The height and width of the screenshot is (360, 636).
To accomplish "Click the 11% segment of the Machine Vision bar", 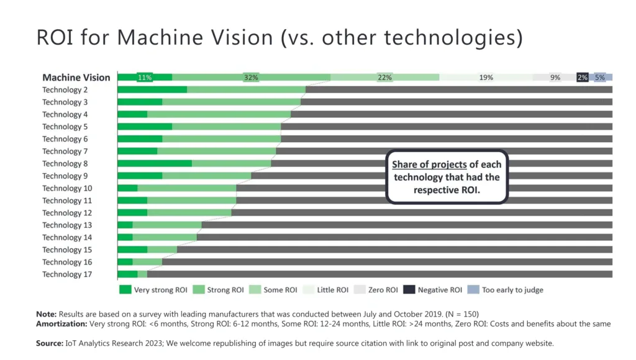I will pyautogui.click(x=145, y=78).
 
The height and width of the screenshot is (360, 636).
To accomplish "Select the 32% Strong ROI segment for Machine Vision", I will pyautogui.click(x=251, y=78).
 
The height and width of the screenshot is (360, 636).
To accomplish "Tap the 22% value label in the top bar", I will pyautogui.click(x=384, y=78).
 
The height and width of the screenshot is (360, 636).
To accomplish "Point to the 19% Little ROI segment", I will pyautogui.click(x=486, y=78).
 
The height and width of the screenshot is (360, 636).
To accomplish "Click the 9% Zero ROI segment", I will pyautogui.click(x=555, y=78).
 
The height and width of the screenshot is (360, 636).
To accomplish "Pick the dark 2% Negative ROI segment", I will pyautogui.click(x=582, y=78).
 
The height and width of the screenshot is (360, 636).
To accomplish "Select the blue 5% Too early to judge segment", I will pyautogui.click(x=600, y=78).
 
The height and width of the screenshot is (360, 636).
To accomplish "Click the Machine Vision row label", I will pyautogui.click(x=76, y=78).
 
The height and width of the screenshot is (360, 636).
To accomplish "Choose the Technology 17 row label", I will pyautogui.click(x=62, y=274).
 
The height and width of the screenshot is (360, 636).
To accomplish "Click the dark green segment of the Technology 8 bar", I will pyautogui.click(x=155, y=164).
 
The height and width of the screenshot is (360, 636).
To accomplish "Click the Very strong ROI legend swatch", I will pyautogui.click(x=125, y=290).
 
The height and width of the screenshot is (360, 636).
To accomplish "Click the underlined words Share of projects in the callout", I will pyautogui.click(x=429, y=164).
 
